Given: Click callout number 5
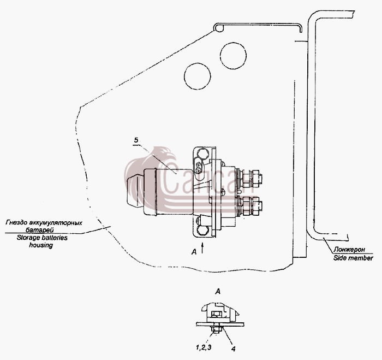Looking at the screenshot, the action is [x=136, y=140].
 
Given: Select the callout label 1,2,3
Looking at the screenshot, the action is [x=204, y=347].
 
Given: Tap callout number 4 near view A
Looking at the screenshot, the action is [x=233, y=349].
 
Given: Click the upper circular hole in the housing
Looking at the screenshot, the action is [x=233, y=56].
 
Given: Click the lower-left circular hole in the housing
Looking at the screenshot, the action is [x=198, y=76].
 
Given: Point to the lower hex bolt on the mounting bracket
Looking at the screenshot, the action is [x=202, y=230].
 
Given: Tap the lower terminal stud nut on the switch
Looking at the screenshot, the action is [x=255, y=206].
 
